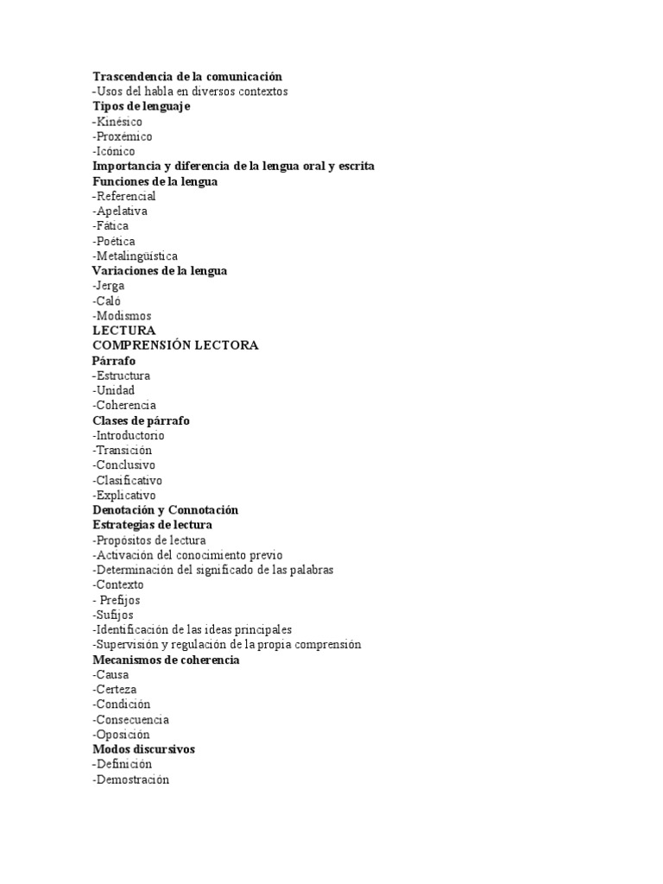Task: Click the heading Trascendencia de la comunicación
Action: (187, 77)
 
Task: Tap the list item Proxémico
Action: (122, 136)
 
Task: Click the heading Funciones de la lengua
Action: (155, 181)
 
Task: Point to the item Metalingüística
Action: (136, 256)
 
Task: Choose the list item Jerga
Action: (109, 286)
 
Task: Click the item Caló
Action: (107, 301)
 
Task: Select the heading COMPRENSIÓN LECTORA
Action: (175, 345)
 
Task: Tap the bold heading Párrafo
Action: (114, 361)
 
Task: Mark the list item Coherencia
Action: (124, 405)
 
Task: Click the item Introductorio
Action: (129, 435)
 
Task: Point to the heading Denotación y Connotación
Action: (165, 510)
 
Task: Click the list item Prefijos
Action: (118, 600)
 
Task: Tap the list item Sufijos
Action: (113, 615)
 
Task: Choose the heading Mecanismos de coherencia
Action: (167, 660)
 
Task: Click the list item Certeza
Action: (115, 690)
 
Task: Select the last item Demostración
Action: (131, 780)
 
